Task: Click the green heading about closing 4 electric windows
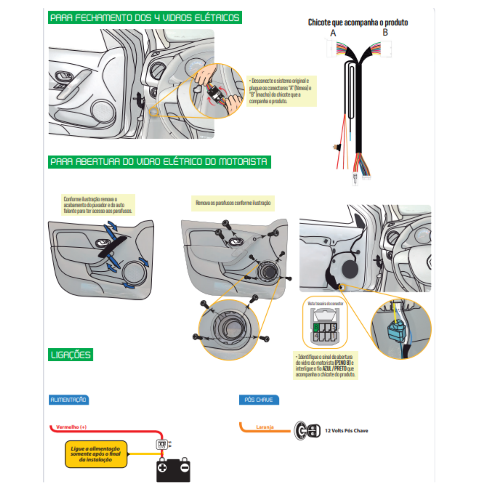pyautogui.click(x=145, y=18)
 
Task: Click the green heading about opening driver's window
pyautogui.click(x=159, y=162)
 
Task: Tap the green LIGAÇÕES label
pyautogui.click(x=70, y=355)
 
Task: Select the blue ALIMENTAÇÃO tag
pyautogui.click(x=69, y=400)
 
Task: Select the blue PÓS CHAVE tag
pyautogui.click(x=259, y=400)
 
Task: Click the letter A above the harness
pyautogui.click(x=333, y=33)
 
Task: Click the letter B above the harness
pyautogui.click(x=385, y=32)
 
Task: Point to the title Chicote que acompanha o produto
pyautogui.click(x=358, y=22)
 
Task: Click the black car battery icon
pyautogui.click(x=173, y=470)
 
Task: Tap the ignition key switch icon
pyautogui.click(x=307, y=430)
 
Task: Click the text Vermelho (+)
pyautogui.click(x=71, y=427)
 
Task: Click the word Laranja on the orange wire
pyautogui.click(x=265, y=427)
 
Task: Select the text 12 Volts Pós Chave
pyautogui.click(x=346, y=430)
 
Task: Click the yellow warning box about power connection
pyautogui.click(x=96, y=454)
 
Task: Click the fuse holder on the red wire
pyautogui.click(x=162, y=444)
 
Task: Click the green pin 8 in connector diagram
pyautogui.click(x=316, y=327)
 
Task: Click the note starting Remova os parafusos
pyautogui.click(x=233, y=203)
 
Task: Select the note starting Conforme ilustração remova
pyautogui.click(x=98, y=205)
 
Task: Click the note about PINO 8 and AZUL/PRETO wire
pyautogui.click(x=325, y=366)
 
